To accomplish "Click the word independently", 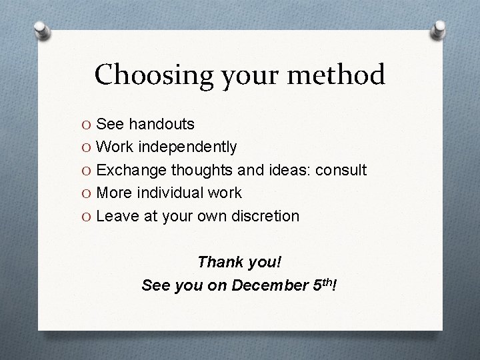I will [179, 147].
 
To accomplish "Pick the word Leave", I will [117, 216].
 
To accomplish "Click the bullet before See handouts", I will [87, 124].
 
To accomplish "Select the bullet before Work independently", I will [87, 147].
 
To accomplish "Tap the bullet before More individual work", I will [87, 193].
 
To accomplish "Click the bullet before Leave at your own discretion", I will [87, 217].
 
